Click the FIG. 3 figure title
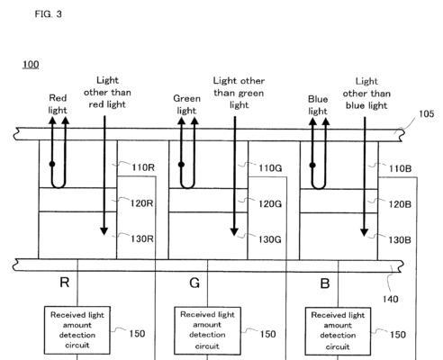click(x=48, y=13)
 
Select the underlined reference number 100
click(x=31, y=64)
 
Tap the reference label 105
click(x=426, y=113)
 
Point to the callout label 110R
click(x=143, y=167)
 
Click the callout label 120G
click(x=270, y=204)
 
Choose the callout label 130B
click(x=400, y=239)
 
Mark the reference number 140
click(x=390, y=299)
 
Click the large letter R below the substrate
click(x=65, y=283)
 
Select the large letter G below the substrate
click(x=194, y=283)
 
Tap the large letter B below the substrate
click(x=325, y=283)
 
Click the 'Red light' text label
click(x=58, y=104)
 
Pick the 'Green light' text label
click(x=186, y=104)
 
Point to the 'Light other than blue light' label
click(x=366, y=94)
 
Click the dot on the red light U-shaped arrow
click(x=52, y=164)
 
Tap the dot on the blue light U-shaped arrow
click(x=312, y=165)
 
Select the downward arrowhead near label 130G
click(x=234, y=231)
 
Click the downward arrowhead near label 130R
click(x=104, y=231)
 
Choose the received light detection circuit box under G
click(x=207, y=330)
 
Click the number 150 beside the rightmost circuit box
click(x=398, y=334)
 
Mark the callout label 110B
click(x=401, y=168)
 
